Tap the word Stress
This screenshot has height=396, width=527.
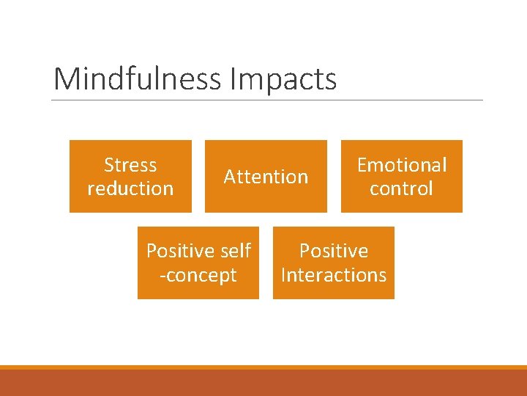pos(130,165)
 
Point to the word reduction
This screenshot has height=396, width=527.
pos(130,188)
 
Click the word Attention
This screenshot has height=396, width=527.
pos(266,177)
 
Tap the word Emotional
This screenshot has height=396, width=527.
pos(401,165)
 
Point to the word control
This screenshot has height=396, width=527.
pos(401,188)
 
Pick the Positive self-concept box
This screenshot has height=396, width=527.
pos(198,290)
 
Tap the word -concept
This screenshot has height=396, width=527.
pos(198,275)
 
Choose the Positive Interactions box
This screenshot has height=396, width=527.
pos(334,290)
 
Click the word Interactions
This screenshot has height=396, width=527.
pos(334,275)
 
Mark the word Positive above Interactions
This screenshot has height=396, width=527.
pos(334,251)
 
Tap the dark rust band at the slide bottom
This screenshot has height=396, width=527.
pos(263,383)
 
